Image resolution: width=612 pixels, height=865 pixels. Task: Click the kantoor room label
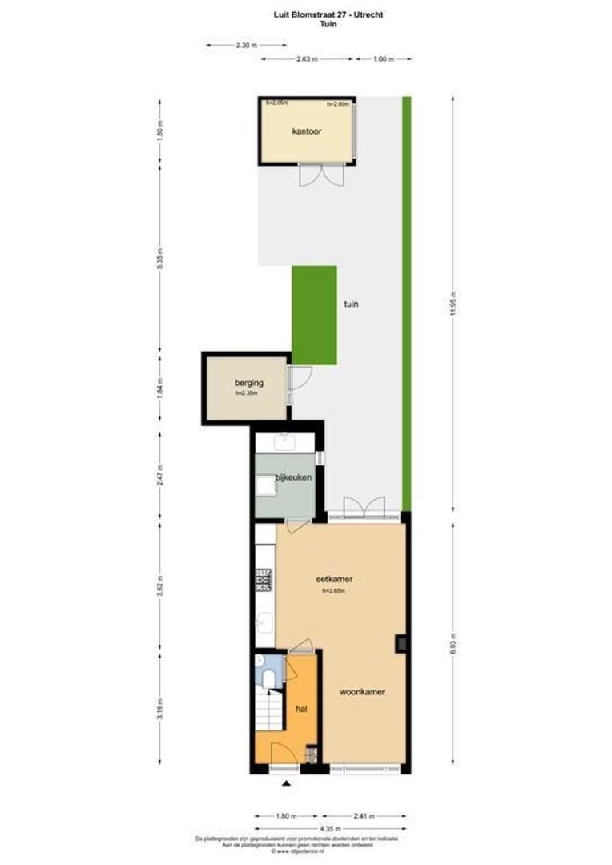pyautogui.click(x=307, y=131)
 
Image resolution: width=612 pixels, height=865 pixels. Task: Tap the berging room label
pyautogui.click(x=249, y=383)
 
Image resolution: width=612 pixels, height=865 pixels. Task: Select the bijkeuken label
pyautogui.click(x=293, y=477)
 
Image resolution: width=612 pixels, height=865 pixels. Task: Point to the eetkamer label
pyautogui.click(x=335, y=579)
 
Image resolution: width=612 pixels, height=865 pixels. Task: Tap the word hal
pyautogui.click(x=301, y=709)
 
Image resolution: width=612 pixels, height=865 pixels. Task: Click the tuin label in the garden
pyautogui.click(x=351, y=304)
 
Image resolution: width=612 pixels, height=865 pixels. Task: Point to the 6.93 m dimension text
pyautogui.click(x=453, y=643)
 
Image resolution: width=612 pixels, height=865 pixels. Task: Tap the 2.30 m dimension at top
pyautogui.click(x=246, y=46)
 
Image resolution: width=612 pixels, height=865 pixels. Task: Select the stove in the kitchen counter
pyautogui.click(x=263, y=580)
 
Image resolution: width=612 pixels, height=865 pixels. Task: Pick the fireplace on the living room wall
pyautogui.click(x=401, y=643)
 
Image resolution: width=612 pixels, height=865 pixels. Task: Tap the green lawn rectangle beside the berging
pyautogui.click(x=314, y=316)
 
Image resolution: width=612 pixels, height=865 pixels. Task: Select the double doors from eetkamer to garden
pyautogui.click(x=363, y=508)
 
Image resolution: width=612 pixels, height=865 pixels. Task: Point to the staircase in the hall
pyautogui.click(x=269, y=711)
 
